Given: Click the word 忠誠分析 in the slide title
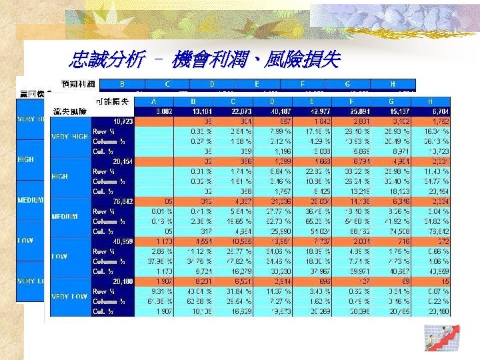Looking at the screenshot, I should tap(106, 61).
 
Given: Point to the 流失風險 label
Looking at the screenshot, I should tap(69, 111).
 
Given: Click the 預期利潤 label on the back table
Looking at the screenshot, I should tap(78, 83).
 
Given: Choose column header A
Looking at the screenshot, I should tap(154, 101).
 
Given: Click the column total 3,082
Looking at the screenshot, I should tap(163, 111).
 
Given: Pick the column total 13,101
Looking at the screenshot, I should tap(201, 111).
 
